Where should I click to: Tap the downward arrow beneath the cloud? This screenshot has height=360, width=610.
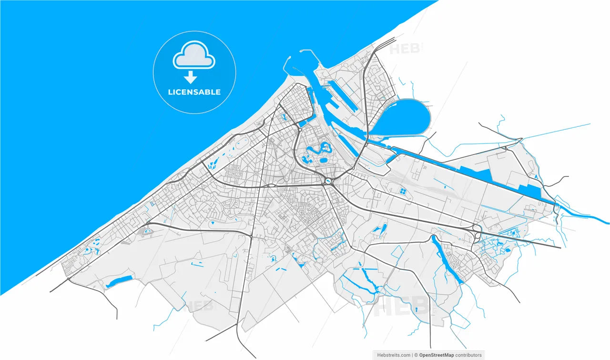click(191, 77)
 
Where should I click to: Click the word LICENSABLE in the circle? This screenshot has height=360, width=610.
click(194, 92)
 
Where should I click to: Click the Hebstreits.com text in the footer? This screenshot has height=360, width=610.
click(393, 355)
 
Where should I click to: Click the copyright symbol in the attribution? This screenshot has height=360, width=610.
click(416, 355)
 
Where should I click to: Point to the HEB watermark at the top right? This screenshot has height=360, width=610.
click(405, 48)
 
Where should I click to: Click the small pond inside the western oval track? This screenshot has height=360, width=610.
click(147, 231)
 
